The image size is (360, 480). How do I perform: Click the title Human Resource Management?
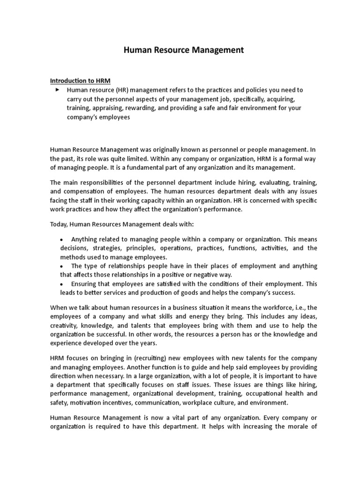[184, 50]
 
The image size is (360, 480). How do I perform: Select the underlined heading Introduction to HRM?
[80, 81]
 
